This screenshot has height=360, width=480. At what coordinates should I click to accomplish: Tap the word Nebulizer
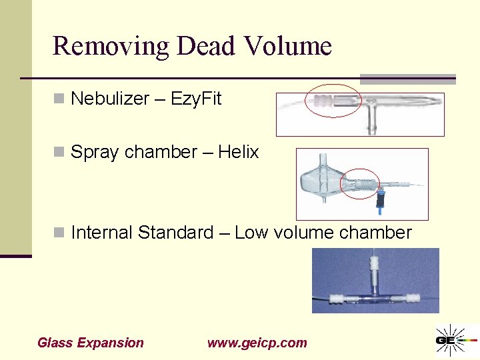click(110, 99)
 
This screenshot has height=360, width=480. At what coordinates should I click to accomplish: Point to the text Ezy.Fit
click(196, 99)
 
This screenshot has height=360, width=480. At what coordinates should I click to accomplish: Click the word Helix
click(238, 153)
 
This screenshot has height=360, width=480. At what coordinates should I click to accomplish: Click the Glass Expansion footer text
click(91, 343)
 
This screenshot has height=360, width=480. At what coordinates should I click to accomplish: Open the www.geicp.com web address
click(257, 343)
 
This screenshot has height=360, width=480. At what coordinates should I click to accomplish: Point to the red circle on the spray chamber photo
click(359, 183)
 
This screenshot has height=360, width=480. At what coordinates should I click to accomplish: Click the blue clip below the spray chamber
click(381, 201)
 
